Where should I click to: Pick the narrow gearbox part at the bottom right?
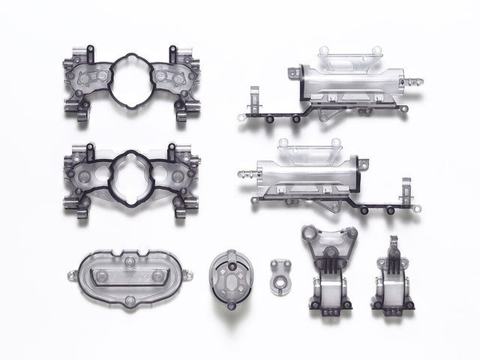(391, 277)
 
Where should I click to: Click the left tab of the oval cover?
(71, 274)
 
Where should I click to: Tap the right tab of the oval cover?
(188, 275)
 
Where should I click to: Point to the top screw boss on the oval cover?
(130, 262)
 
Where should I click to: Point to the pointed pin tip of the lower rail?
(241, 172)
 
